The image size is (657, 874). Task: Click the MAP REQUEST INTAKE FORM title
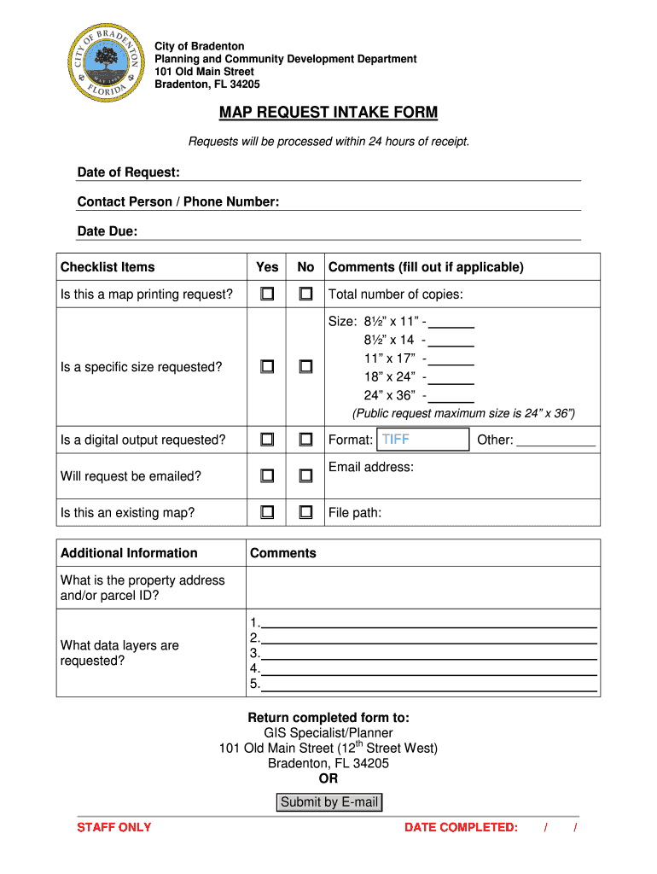[x=328, y=113]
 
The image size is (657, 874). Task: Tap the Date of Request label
[x=128, y=172]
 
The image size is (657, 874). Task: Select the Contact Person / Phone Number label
[x=178, y=201]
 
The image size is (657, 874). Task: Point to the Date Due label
[x=108, y=231]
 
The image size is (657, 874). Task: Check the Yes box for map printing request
[x=267, y=294]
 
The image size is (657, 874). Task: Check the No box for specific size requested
[x=305, y=367]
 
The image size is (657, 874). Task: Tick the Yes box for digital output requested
[x=267, y=440]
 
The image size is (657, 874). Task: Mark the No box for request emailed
[x=305, y=475]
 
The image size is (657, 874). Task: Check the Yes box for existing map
[x=267, y=513]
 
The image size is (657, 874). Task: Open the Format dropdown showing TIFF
[x=422, y=440]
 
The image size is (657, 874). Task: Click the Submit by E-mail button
[x=329, y=802]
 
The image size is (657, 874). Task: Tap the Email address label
[x=370, y=467]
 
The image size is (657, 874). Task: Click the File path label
[x=355, y=513]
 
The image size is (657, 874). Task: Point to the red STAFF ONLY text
[x=114, y=827]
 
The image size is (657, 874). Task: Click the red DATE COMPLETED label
[x=461, y=827]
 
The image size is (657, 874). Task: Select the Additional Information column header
[x=129, y=553]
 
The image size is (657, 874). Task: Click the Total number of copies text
[x=396, y=294]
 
